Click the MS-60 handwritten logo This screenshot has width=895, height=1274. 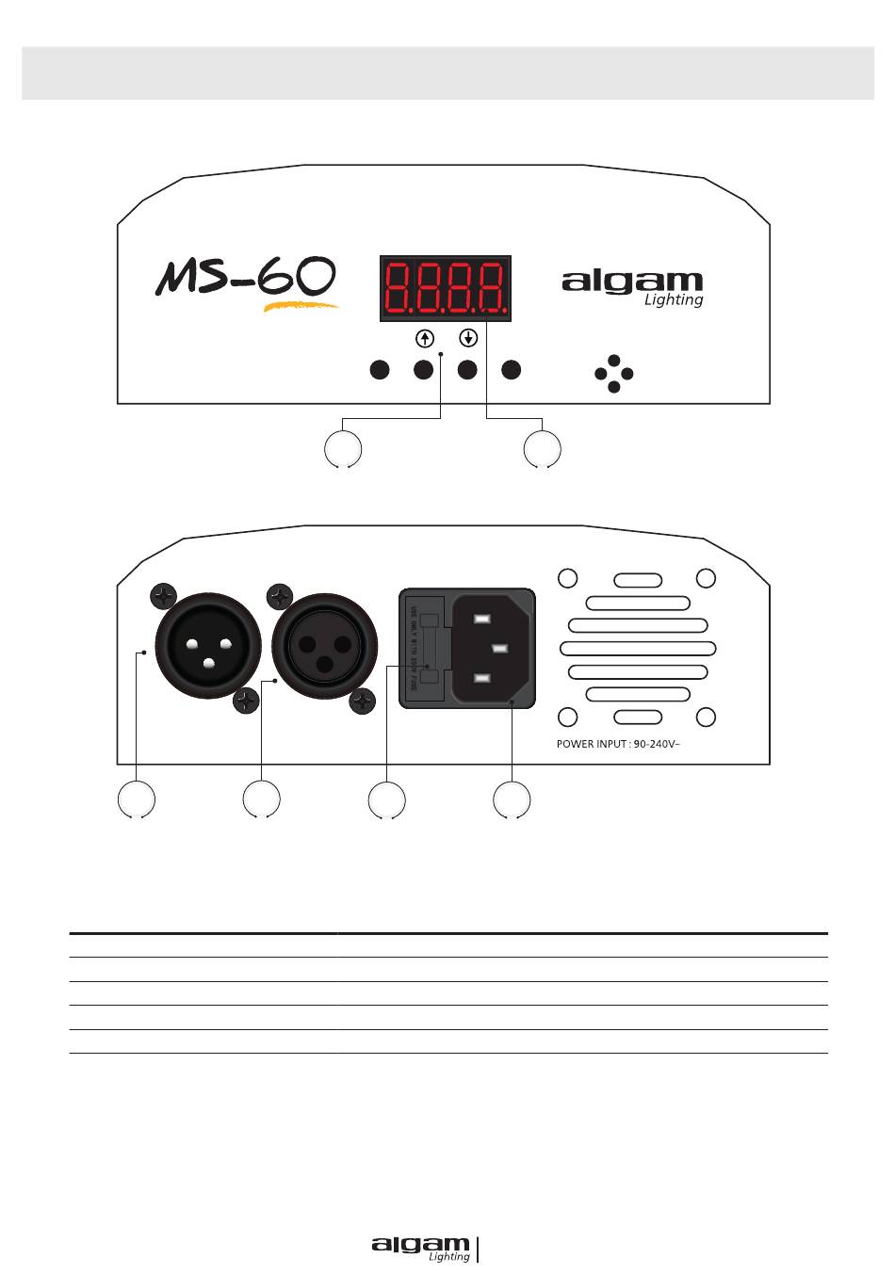(x=247, y=281)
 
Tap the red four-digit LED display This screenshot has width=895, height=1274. (x=446, y=288)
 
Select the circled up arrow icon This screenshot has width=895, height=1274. (x=425, y=338)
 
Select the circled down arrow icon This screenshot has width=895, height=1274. (x=468, y=338)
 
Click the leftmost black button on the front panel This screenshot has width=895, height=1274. (x=380, y=370)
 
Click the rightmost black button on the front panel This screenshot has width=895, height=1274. (x=511, y=370)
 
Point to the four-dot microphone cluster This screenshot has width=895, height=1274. (x=614, y=374)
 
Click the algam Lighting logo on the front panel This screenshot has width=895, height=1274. (x=633, y=288)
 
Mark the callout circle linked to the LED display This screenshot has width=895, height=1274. (x=542, y=449)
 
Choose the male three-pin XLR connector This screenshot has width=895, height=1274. (x=208, y=647)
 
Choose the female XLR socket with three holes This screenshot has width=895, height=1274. (x=325, y=647)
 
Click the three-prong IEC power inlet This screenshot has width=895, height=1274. (x=493, y=649)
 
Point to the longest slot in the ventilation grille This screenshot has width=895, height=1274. (x=638, y=648)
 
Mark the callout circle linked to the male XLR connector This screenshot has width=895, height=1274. (x=137, y=799)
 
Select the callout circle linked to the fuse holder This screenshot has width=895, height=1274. (x=386, y=800)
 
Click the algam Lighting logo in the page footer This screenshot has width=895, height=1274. (x=421, y=1249)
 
